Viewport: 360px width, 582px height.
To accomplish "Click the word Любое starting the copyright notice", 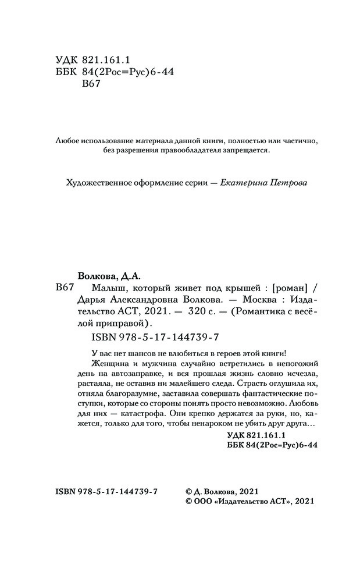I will coord(66,141).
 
